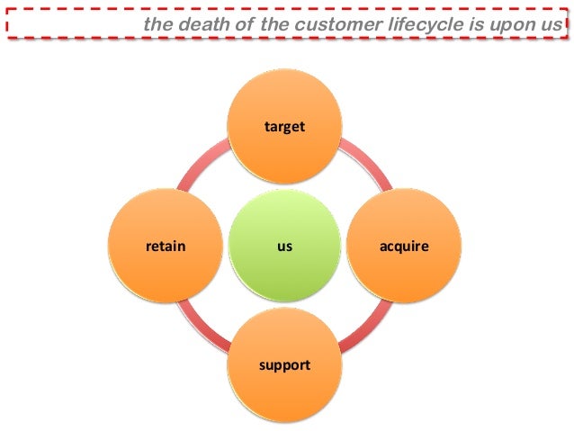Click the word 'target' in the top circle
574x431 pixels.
pos(284,127)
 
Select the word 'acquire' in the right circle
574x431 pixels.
pos(403,245)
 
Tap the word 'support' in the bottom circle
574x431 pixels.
pos(284,364)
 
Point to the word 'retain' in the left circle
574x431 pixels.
pos(166,245)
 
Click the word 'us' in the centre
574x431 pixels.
pos(284,245)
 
